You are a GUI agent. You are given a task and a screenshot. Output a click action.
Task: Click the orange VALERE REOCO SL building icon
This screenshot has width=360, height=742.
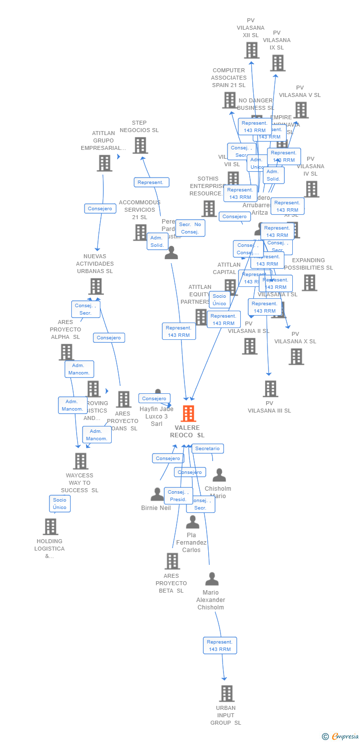pos(188,414)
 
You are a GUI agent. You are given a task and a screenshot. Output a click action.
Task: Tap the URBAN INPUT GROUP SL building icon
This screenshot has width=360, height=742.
pos(226,694)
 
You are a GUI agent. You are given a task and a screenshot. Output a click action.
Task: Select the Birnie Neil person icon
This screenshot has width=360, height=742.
pos(157,494)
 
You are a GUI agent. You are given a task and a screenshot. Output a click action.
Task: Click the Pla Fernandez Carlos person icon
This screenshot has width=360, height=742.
pos(192,522)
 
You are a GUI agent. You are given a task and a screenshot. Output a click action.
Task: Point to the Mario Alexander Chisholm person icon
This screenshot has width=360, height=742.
pos(212,579)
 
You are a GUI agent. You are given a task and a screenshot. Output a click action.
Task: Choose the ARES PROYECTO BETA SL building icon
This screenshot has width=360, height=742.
pos(172,561)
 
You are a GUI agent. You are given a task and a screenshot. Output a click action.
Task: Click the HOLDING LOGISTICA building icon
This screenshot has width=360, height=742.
pos(50,527)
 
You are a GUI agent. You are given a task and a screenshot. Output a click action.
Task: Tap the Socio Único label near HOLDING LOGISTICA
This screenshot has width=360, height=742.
pos(59,504)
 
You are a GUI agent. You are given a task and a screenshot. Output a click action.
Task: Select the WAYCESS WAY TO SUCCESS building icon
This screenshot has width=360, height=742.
pos(80,461)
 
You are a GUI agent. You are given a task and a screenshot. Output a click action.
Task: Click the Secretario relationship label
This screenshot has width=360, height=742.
pos(207,449)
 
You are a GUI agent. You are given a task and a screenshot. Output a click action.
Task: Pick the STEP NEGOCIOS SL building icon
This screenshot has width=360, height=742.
pos(140,145)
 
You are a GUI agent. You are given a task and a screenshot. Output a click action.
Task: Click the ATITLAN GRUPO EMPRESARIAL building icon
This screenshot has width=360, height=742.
pos(104,163)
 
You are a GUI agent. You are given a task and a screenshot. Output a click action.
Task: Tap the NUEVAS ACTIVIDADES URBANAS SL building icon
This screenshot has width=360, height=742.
pos(95,286)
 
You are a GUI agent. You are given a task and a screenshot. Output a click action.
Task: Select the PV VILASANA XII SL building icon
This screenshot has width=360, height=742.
pos(251,50)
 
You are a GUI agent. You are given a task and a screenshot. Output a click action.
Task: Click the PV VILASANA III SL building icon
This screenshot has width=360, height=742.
pos(270,389)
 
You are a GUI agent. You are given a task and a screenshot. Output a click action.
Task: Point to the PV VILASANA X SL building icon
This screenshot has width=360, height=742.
pos(296,357)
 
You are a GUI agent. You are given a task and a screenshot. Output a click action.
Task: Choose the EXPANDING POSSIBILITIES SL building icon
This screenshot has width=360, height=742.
pos(309,283)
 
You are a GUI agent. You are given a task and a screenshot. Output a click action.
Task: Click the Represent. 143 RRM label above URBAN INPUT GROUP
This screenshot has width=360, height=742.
pos(220,646)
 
